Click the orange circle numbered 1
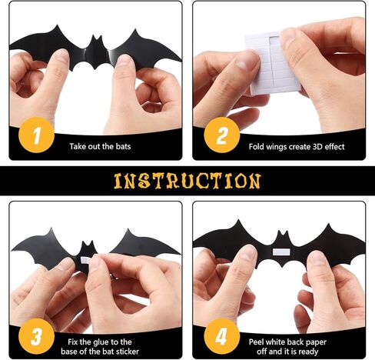[x=36, y=135]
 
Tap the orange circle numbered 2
[x=222, y=135]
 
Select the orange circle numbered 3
[x=36, y=336]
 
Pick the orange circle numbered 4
[x=222, y=336]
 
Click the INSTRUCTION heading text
[x=187, y=181]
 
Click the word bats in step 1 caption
[x=123, y=146]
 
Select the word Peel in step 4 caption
[x=256, y=342]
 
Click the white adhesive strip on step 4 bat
[x=281, y=252]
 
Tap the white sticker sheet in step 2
[x=273, y=64]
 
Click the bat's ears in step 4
[x=283, y=234]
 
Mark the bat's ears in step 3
[x=87, y=245]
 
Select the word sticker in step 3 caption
[x=128, y=352]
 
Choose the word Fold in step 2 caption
[x=257, y=147]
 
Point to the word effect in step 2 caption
[x=335, y=147]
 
